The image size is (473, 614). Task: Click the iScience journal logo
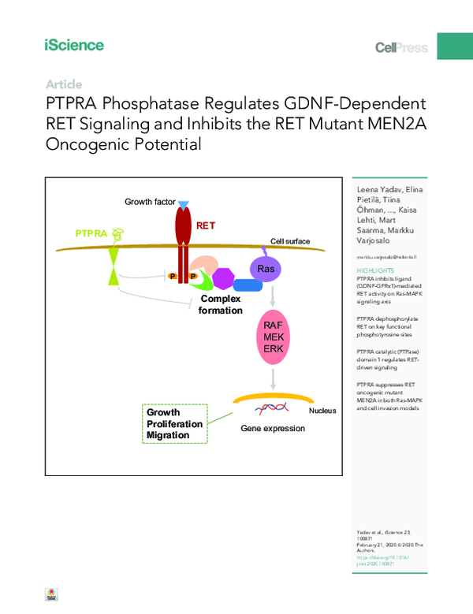(74, 45)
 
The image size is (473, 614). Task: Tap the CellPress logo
(400, 48)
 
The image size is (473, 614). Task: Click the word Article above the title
(64, 84)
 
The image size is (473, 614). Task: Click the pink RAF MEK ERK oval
(273, 337)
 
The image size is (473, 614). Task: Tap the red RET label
(206, 225)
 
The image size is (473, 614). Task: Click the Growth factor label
(149, 203)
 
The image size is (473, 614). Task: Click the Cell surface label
(290, 241)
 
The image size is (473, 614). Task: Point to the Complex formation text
(221, 305)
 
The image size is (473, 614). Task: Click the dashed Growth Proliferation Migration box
(174, 424)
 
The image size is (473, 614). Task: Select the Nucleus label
(322, 411)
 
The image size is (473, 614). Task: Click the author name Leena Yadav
(377, 192)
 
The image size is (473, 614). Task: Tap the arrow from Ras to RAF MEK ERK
(273, 298)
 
